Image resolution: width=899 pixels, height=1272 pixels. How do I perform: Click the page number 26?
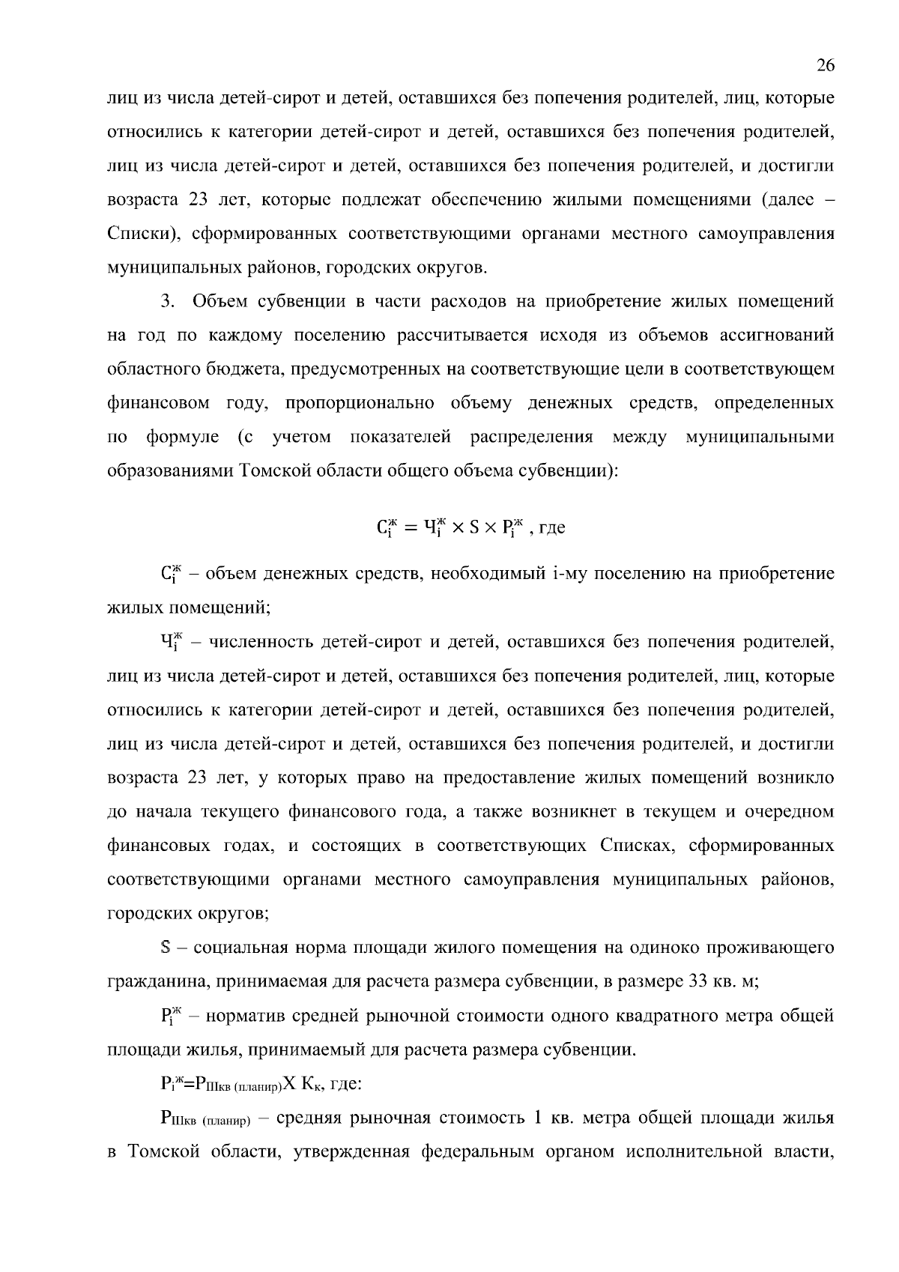coord(825,66)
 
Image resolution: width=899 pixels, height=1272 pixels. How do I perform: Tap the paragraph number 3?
coord(166,302)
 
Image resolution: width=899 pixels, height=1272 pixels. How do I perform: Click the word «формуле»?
coord(183,437)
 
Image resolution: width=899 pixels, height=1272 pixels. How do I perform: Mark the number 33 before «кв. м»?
coord(698,981)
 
